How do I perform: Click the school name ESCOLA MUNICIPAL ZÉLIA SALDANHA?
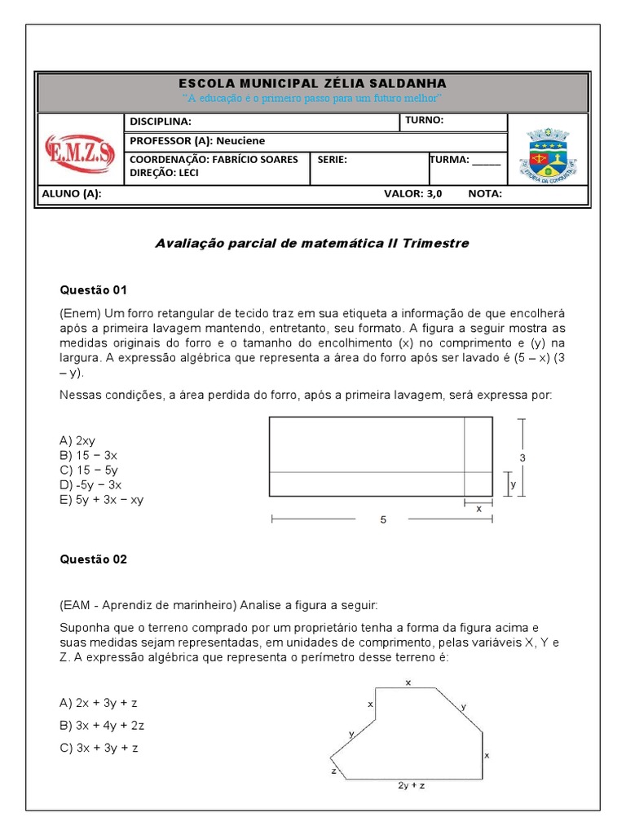(312, 84)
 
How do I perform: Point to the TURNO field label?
(424, 121)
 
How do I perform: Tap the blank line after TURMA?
(487, 160)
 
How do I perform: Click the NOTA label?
(485, 194)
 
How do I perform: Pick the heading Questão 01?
(94, 289)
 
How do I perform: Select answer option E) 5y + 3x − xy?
(101, 500)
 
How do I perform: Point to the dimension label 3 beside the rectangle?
(522, 458)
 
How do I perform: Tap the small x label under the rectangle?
(478, 508)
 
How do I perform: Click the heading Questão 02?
(94, 559)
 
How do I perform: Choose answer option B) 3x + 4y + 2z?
(102, 725)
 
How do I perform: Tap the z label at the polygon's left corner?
(333, 770)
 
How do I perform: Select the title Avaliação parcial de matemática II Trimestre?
(312, 244)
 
